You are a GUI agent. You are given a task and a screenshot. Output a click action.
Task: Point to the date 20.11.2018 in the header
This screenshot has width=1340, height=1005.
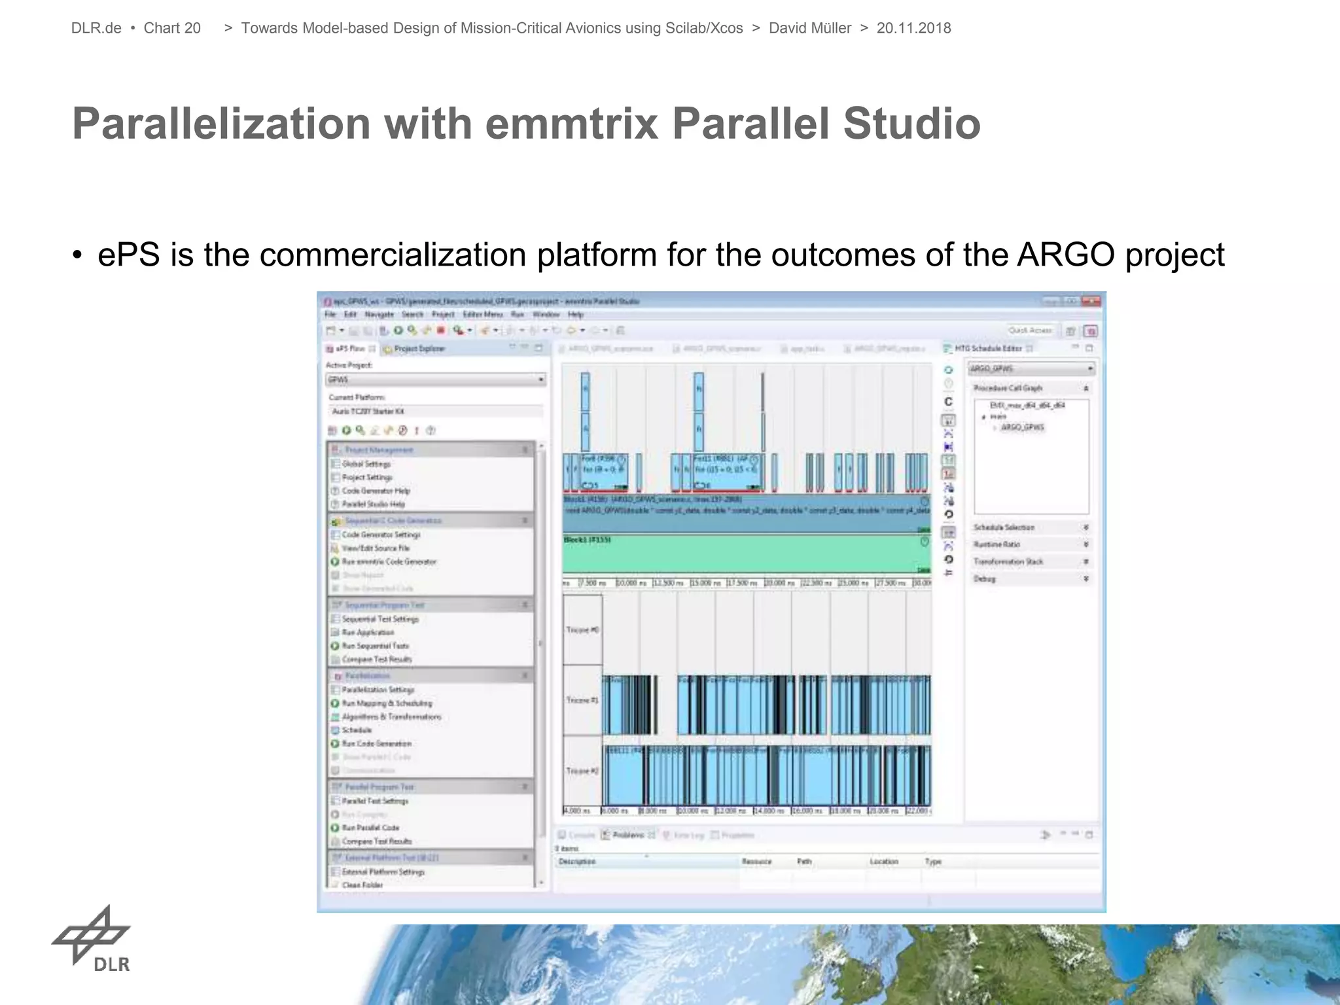913,28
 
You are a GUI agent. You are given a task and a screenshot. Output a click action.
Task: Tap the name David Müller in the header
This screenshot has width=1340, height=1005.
809,28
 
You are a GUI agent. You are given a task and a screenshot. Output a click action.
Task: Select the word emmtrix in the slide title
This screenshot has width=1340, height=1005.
571,123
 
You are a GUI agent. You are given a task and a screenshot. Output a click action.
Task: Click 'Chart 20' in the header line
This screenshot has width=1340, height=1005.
172,28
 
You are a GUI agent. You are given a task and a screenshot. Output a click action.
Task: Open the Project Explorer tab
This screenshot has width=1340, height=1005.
418,349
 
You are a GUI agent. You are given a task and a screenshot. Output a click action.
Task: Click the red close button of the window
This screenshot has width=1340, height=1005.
1091,301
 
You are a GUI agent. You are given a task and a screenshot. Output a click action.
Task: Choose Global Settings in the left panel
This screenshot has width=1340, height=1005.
366,464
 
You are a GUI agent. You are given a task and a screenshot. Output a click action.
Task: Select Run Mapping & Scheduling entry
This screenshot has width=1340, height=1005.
386,703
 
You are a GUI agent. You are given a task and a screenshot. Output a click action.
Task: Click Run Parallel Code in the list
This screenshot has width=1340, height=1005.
370,828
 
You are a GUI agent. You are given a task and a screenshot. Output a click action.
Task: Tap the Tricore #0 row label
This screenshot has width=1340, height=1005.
582,629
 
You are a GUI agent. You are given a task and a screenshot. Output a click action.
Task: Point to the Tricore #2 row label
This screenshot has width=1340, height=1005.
582,771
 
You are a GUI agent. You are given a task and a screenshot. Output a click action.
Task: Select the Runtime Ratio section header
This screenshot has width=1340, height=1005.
996,544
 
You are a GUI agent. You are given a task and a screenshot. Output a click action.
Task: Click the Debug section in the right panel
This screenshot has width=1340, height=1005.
984,578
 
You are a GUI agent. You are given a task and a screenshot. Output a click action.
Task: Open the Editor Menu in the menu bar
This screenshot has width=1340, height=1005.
482,315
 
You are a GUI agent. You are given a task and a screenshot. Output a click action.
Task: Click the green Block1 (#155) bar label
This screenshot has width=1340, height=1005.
587,540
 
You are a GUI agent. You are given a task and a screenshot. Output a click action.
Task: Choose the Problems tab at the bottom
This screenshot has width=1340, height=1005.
628,835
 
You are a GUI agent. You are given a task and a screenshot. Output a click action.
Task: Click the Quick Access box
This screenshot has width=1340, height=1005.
1030,330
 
